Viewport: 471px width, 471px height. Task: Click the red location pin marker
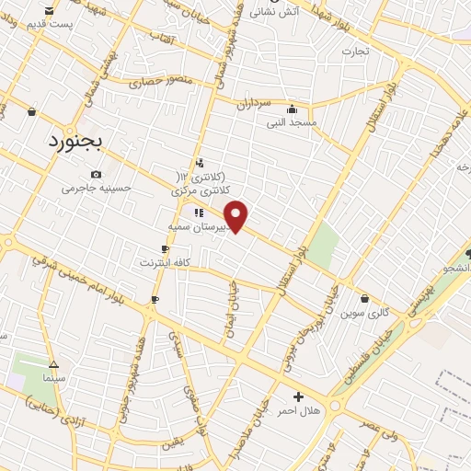click(236, 215)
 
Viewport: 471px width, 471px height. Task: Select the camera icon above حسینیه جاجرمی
click(97, 174)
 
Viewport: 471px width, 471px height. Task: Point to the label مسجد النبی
click(292, 121)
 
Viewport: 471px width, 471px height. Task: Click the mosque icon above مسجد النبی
click(292, 108)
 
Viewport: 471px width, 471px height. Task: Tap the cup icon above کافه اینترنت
click(165, 248)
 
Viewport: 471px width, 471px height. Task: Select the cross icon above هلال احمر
click(298, 396)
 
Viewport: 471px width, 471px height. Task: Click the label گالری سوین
click(365, 313)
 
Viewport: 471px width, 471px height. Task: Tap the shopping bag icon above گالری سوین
click(365, 298)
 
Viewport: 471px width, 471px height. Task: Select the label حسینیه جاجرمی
click(97, 188)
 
